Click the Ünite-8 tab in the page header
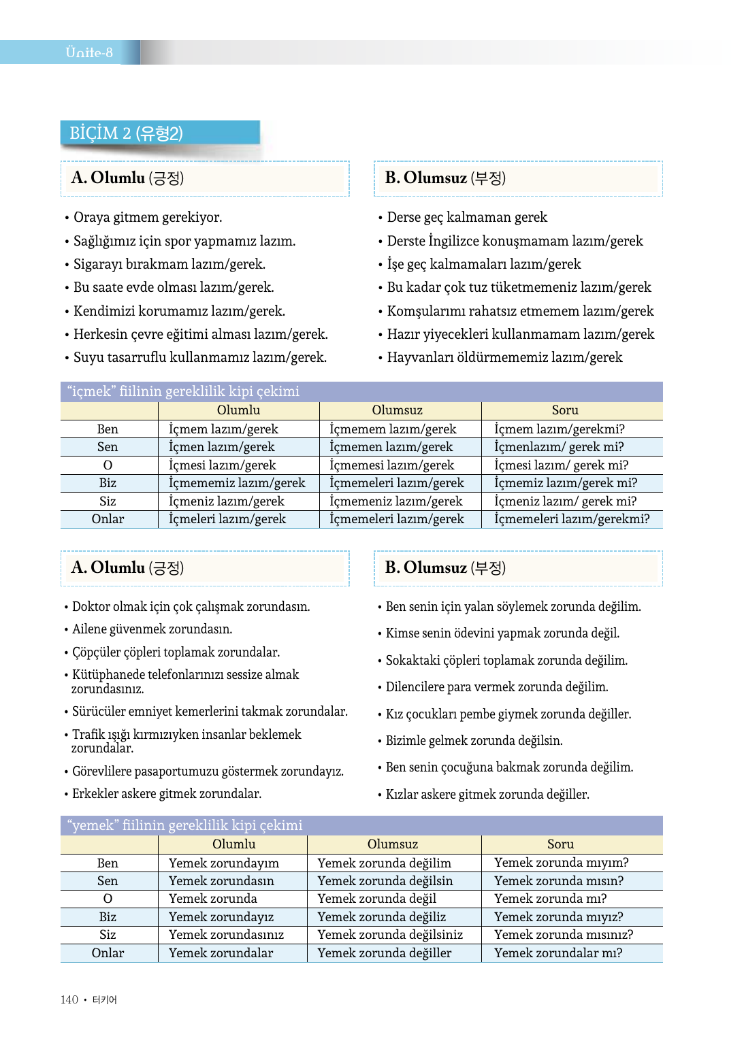tap(88, 52)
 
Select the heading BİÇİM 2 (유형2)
tap(126, 133)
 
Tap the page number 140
tap(69, 999)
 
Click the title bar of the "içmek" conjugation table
tap(361, 391)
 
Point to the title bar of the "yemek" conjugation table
tap(361, 825)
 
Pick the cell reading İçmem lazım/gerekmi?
tap(559, 429)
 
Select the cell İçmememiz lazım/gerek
tap(237, 483)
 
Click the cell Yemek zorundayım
tap(223, 863)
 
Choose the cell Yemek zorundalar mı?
tap(557, 953)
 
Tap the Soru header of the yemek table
tap(560, 844)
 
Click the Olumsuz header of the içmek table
tap(397, 410)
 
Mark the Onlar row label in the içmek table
tap(108, 519)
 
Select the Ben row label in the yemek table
tap(108, 863)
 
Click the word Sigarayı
tap(98, 265)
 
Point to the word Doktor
tap(91, 607)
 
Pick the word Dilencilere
tap(415, 687)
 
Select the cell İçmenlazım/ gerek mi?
tap(558, 447)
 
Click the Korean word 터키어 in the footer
tap(105, 999)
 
